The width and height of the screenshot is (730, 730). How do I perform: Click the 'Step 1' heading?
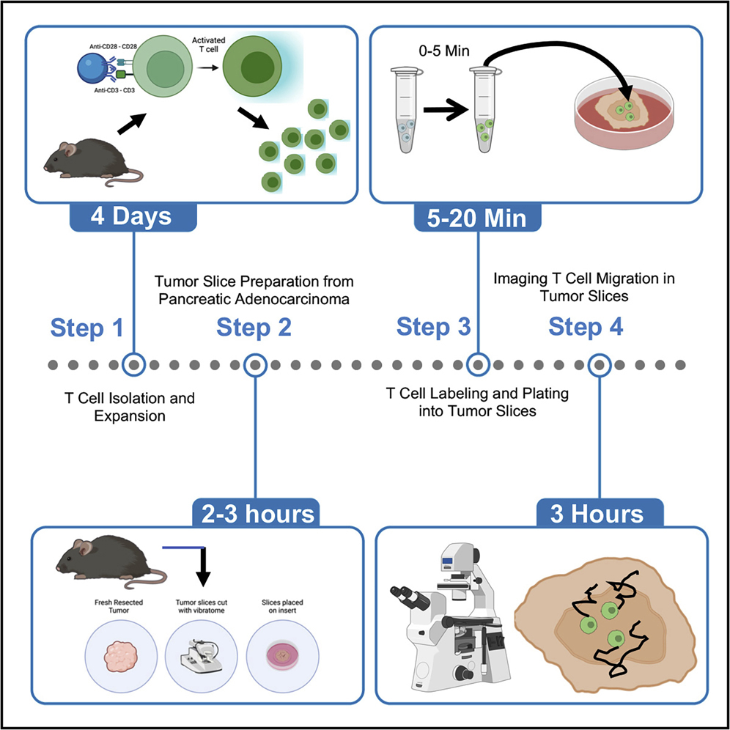[x=87, y=328]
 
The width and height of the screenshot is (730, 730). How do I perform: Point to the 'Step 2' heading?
[x=254, y=328]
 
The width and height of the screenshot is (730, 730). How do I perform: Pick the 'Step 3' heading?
[x=434, y=327]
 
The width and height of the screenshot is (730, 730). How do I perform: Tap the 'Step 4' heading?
[x=586, y=327]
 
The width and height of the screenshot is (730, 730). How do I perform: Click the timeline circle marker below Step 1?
[x=133, y=364]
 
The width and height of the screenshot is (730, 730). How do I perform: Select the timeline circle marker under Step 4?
[x=600, y=364]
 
